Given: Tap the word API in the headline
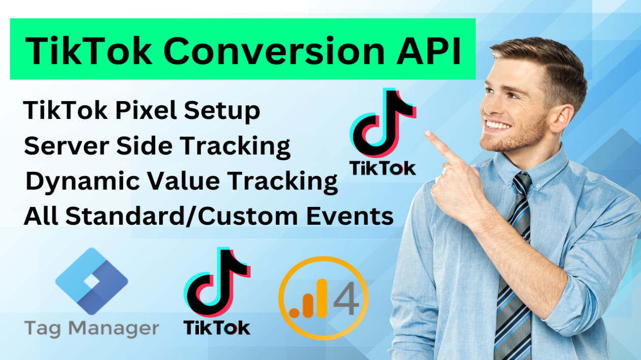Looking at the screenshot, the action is (x=428, y=51).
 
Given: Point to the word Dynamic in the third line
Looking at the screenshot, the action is (x=82, y=182).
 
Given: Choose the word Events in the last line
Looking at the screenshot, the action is (x=349, y=216).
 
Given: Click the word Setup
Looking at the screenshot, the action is (x=222, y=112).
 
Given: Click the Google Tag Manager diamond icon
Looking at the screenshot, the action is (x=92, y=281).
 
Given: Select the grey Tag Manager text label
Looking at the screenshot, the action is (x=92, y=328).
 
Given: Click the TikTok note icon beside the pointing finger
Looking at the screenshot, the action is (x=383, y=123).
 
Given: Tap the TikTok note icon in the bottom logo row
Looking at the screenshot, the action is (x=217, y=282).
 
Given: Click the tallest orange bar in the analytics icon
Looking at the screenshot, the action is (x=322, y=298).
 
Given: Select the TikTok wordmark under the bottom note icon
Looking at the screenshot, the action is (x=217, y=328).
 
